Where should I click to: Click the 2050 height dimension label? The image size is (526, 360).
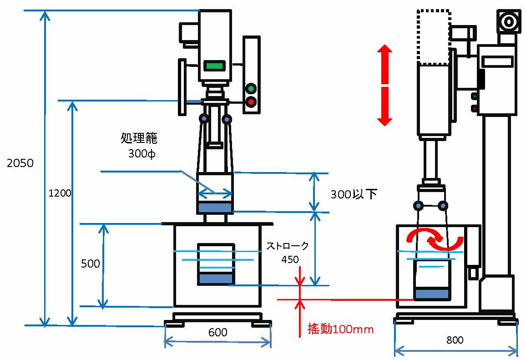20,163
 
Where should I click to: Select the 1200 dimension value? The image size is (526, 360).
60,193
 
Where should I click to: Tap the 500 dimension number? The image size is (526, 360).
90,264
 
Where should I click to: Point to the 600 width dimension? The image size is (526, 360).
218,333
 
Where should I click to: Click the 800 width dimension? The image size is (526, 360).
455,340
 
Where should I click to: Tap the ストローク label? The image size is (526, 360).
288,246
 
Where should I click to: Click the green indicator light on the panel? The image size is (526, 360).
251,88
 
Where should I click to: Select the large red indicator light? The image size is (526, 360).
251,102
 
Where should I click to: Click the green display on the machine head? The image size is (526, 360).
215,66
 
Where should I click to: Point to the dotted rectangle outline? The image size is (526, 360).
434,37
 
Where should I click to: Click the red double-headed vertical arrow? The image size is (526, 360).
384,85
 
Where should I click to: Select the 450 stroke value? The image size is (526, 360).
290,259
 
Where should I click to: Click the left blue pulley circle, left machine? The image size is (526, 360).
203,119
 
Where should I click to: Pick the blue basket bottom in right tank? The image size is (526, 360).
431,294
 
